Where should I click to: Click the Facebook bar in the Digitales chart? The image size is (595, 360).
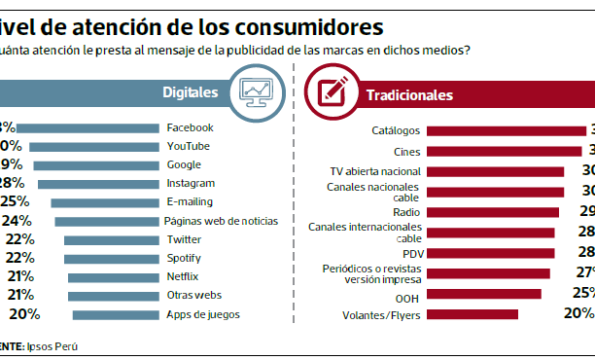pos(87,127)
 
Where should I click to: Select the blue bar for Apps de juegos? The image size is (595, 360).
pos(115,313)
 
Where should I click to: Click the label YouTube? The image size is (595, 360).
pos(188,146)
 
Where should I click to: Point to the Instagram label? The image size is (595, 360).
pos(191,183)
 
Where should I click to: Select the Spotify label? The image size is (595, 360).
pos(186,258)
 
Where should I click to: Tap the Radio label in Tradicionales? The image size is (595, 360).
pos(406,211)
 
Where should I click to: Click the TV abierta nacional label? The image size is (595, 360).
pos(374,170)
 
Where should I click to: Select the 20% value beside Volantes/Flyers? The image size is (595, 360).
pos(577,313)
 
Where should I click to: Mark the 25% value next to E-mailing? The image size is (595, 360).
pos(15,201)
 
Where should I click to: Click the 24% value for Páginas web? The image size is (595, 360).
pos(17,221)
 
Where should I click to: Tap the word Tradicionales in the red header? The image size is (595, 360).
pos(408,95)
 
